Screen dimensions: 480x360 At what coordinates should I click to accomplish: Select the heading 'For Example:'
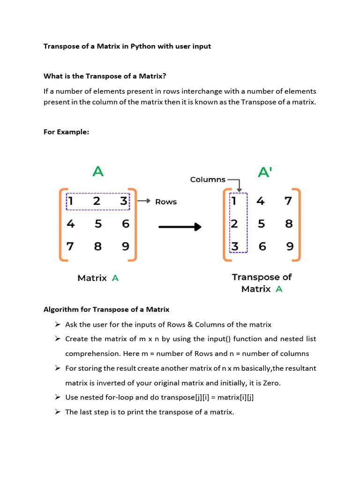(x=66, y=132)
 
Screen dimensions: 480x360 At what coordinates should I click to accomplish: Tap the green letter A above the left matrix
(x=97, y=172)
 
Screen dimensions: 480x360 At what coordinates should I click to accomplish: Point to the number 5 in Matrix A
(x=98, y=224)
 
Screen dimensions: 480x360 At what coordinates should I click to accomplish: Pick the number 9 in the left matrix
(x=125, y=246)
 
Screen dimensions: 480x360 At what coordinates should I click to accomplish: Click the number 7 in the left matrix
(x=70, y=246)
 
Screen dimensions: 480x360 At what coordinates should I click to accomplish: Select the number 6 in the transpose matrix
(x=262, y=246)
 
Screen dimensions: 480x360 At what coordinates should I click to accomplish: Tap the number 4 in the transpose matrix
(x=261, y=201)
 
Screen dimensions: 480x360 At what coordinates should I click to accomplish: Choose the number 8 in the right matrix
(x=289, y=224)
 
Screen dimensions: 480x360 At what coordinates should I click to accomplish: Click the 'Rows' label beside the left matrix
(x=166, y=202)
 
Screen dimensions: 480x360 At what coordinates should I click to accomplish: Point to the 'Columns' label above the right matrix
(x=208, y=180)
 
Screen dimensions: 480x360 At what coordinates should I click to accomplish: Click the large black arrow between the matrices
(x=180, y=227)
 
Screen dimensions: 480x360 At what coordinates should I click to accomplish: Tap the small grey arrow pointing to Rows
(x=143, y=202)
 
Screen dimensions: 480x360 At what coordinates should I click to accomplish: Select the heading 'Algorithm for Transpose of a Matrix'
(x=106, y=309)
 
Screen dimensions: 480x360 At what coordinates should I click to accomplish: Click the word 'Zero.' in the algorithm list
(x=271, y=383)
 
